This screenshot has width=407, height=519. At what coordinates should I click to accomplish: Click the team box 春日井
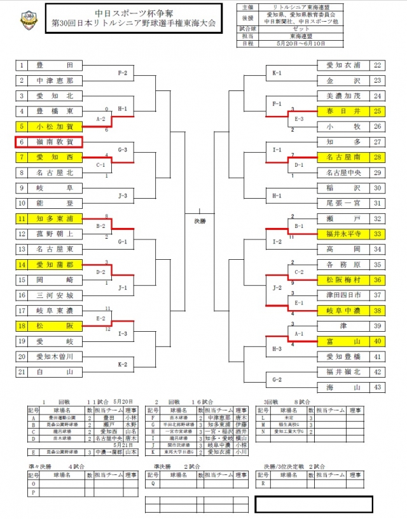click(x=343, y=111)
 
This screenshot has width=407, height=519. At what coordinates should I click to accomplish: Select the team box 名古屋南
click(x=343, y=157)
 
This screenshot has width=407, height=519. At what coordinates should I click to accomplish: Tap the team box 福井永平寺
click(x=343, y=234)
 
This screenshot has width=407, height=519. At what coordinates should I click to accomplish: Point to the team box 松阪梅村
click(x=343, y=280)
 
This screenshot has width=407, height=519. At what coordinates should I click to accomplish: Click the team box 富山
click(x=343, y=341)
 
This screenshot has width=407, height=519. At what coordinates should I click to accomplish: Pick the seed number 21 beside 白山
click(x=21, y=372)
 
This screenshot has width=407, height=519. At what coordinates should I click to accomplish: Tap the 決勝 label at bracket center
click(x=201, y=221)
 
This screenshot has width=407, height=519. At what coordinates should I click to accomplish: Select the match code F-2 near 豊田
click(x=123, y=73)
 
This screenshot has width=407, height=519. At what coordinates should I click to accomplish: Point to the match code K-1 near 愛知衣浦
click(x=277, y=73)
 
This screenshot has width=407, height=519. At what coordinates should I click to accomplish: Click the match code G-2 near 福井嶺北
click(x=277, y=380)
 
